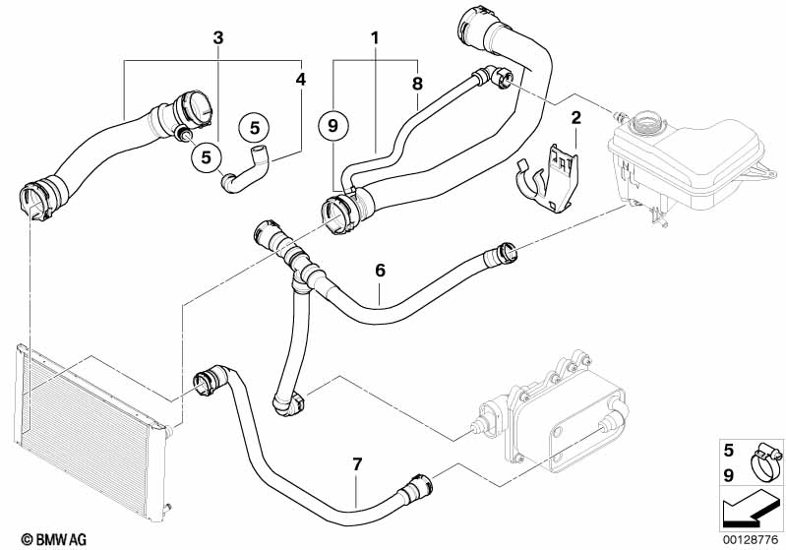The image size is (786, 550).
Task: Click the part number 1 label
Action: pos(375,37)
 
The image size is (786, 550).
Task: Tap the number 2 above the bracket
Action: pos(575,118)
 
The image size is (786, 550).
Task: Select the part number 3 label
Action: pos(218,37)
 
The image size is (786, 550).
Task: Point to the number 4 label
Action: pos(300,80)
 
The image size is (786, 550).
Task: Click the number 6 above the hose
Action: pos(381,271)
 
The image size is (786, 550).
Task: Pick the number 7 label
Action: pos(357,464)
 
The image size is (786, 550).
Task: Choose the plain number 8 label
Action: pos(417,84)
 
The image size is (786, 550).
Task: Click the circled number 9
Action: pos(333,125)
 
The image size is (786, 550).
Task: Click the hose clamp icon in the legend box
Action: pos(765,461)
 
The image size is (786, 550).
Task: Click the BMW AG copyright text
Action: pos(54,539)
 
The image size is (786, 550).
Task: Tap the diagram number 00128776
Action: pos(751,540)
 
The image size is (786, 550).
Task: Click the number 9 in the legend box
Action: pos(729,475)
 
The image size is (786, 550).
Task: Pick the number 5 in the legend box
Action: pos(729,451)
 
